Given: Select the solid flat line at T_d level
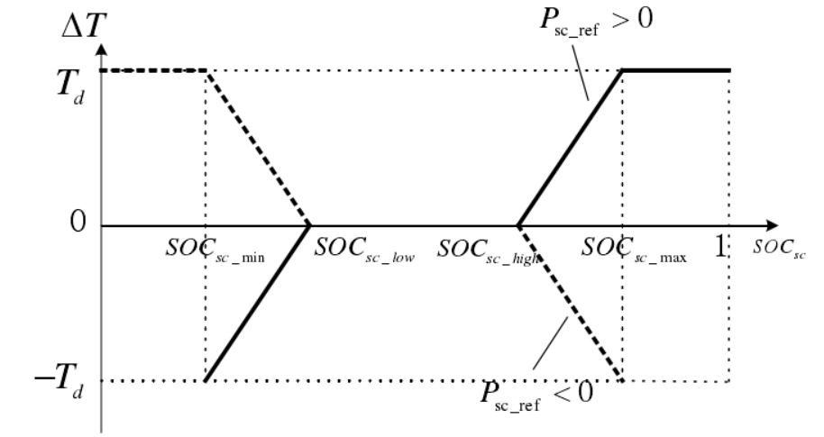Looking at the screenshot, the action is click(676, 70).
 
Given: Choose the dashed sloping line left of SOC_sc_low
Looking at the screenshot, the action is click(258, 148).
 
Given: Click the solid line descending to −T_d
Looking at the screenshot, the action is click(258, 303).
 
